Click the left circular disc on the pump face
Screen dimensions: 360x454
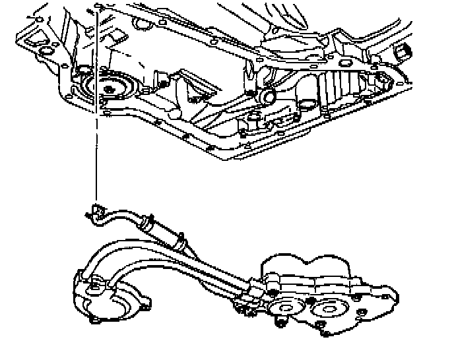tap(286, 305)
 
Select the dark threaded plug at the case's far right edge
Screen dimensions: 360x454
tap(404, 51)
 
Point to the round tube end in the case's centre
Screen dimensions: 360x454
tap(268, 98)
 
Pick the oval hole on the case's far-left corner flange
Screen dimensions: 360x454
tap(46, 52)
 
